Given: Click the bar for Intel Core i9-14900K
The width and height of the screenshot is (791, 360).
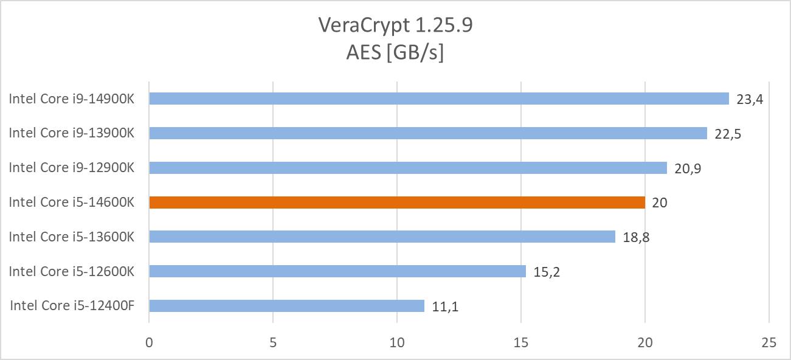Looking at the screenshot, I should pyautogui.click(x=438, y=99).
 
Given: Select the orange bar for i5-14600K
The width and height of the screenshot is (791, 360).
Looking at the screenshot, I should pyautogui.click(x=396, y=202).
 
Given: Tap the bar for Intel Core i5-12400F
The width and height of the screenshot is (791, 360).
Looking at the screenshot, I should pyautogui.click(x=286, y=306).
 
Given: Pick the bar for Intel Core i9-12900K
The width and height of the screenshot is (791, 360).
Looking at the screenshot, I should pyautogui.click(x=407, y=168).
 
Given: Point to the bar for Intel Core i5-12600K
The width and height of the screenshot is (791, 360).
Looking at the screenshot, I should pyautogui.click(x=337, y=271).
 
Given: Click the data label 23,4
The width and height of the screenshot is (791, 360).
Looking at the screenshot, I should pyautogui.click(x=749, y=99).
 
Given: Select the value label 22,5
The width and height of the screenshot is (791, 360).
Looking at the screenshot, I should pyautogui.click(x=727, y=134).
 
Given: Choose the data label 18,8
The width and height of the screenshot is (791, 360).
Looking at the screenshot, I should pyautogui.click(x=635, y=237).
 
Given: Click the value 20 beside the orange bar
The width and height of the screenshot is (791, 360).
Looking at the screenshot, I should pyautogui.click(x=659, y=203).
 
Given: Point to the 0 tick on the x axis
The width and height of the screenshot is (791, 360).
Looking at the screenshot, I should pyautogui.click(x=149, y=343).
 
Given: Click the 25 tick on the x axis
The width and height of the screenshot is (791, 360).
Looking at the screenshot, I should pyautogui.click(x=769, y=343).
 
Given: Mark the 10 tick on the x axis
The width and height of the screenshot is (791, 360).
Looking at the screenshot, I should pyautogui.click(x=396, y=343).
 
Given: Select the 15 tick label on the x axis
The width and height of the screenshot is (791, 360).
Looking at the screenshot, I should pyautogui.click(x=521, y=343).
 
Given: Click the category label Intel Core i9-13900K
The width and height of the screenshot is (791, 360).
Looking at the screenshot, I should pyautogui.click(x=71, y=133).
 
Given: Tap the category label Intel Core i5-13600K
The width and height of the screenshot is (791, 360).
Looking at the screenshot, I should pyautogui.click(x=71, y=237).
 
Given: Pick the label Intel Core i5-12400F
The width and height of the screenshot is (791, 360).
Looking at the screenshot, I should pyautogui.click(x=72, y=306).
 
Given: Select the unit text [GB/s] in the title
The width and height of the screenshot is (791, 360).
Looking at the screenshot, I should pyautogui.click(x=418, y=53).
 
